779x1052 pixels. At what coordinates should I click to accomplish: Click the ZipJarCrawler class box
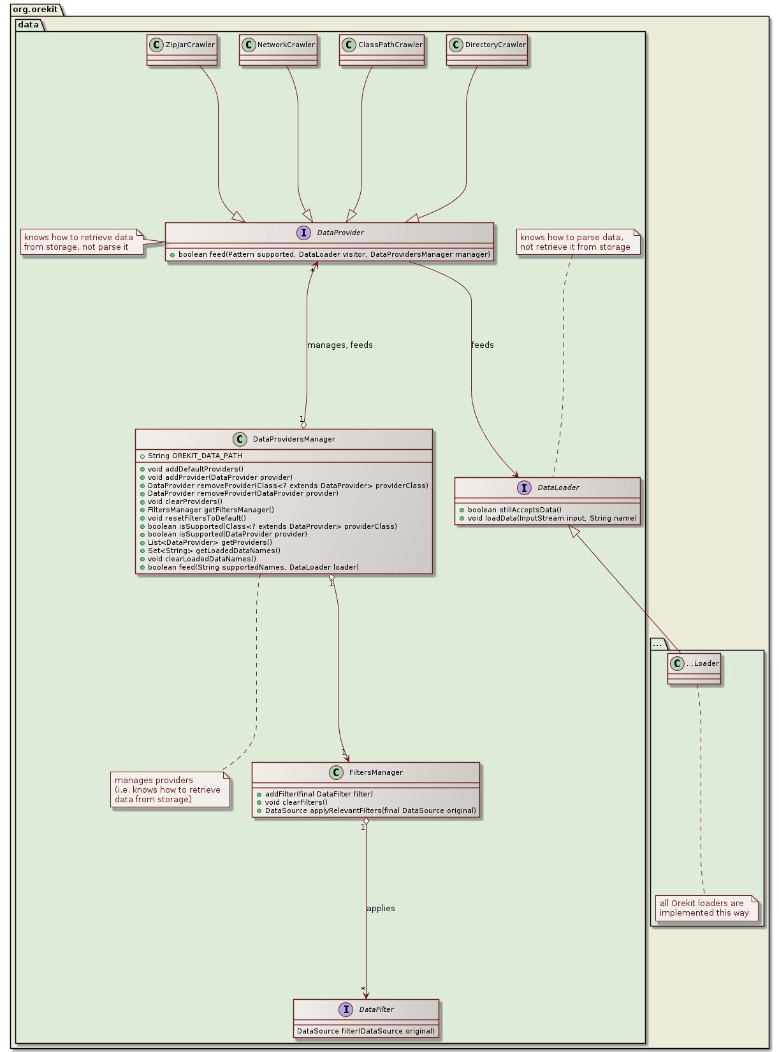click(x=182, y=50)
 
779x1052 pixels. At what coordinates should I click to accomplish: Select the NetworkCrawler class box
click(x=278, y=50)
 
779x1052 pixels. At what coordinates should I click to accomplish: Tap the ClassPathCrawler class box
click(x=382, y=50)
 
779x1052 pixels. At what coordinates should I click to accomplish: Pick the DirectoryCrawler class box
click(x=487, y=50)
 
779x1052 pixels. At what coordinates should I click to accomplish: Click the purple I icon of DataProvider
click(x=303, y=233)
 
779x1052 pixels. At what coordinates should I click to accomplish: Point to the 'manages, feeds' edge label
click(x=340, y=345)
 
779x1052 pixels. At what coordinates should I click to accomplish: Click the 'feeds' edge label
click(x=483, y=345)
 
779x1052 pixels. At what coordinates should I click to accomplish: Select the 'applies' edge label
click(x=381, y=909)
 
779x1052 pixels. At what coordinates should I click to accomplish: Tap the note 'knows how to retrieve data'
click(x=79, y=243)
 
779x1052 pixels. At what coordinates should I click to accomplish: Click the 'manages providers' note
click(x=168, y=790)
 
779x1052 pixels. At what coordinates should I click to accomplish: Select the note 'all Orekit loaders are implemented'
click(x=704, y=908)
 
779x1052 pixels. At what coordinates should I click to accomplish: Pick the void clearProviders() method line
click(x=185, y=501)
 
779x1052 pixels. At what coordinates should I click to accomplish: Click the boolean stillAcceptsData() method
click(x=514, y=510)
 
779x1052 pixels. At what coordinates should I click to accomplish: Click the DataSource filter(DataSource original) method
click(x=366, y=1031)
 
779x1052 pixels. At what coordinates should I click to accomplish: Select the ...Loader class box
click(x=694, y=668)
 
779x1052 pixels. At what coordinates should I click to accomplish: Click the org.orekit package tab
click(x=35, y=10)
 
